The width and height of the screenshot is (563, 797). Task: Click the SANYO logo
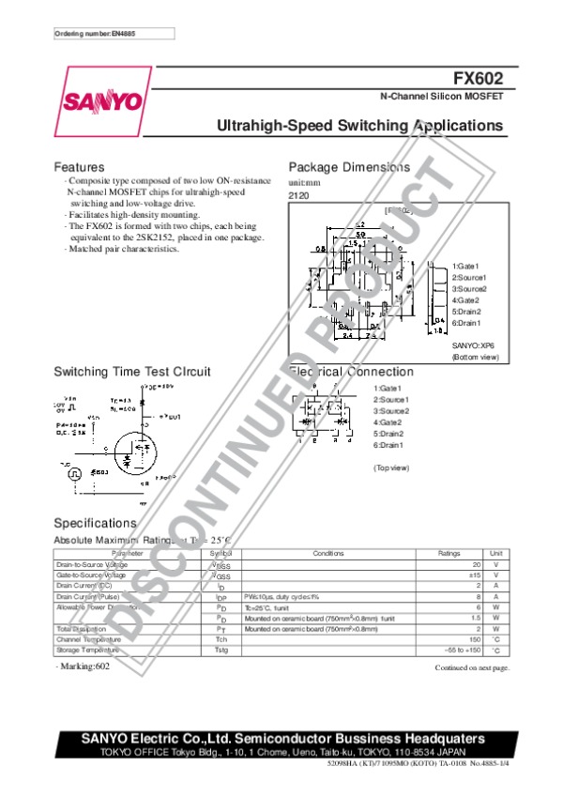tap(103, 100)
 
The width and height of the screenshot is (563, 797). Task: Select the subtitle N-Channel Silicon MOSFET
tap(441, 98)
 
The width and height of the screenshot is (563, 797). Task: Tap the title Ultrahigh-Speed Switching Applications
tap(359, 126)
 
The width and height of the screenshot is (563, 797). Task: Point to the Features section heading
tap(79, 167)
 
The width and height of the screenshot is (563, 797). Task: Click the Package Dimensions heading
tap(349, 167)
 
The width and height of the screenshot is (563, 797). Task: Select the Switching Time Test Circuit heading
tap(132, 371)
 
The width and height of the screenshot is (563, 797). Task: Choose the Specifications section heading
tap(96, 522)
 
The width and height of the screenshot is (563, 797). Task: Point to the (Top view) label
tap(391, 467)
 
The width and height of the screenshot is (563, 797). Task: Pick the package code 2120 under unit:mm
tap(297, 194)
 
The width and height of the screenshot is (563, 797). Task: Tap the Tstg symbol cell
tap(221, 650)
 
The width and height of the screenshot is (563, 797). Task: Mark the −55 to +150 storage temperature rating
tap(463, 650)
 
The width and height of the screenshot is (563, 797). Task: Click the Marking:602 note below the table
tap(83, 666)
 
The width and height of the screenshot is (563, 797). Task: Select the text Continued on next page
tap(472, 667)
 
